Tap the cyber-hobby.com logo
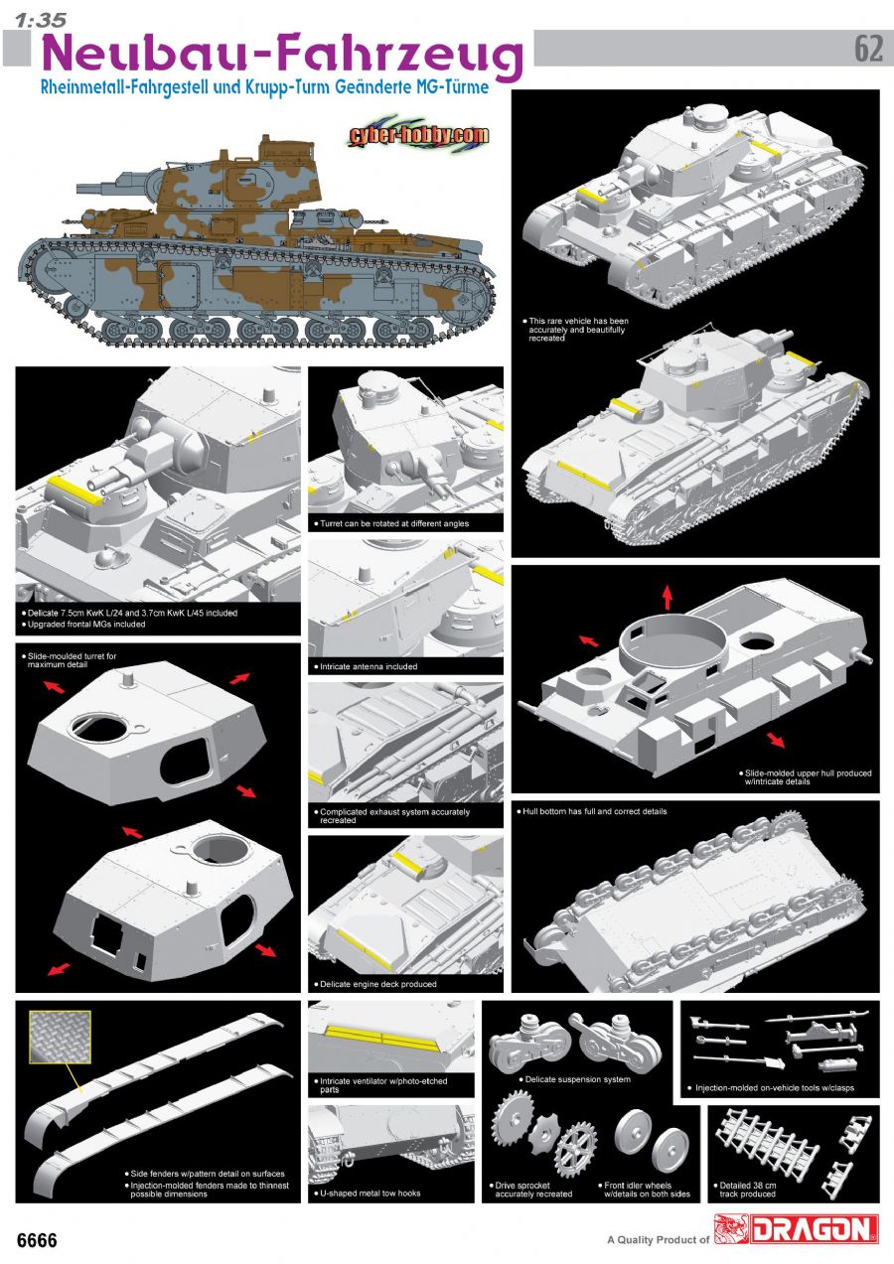coord(418,135)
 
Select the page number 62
coord(868,49)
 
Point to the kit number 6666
coord(38,1240)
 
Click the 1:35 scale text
coord(41,20)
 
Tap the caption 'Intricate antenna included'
coord(369,666)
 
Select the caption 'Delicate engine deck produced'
coord(378,984)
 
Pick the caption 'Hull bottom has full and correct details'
coord(594,811)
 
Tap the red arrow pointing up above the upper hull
coord(668,597)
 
